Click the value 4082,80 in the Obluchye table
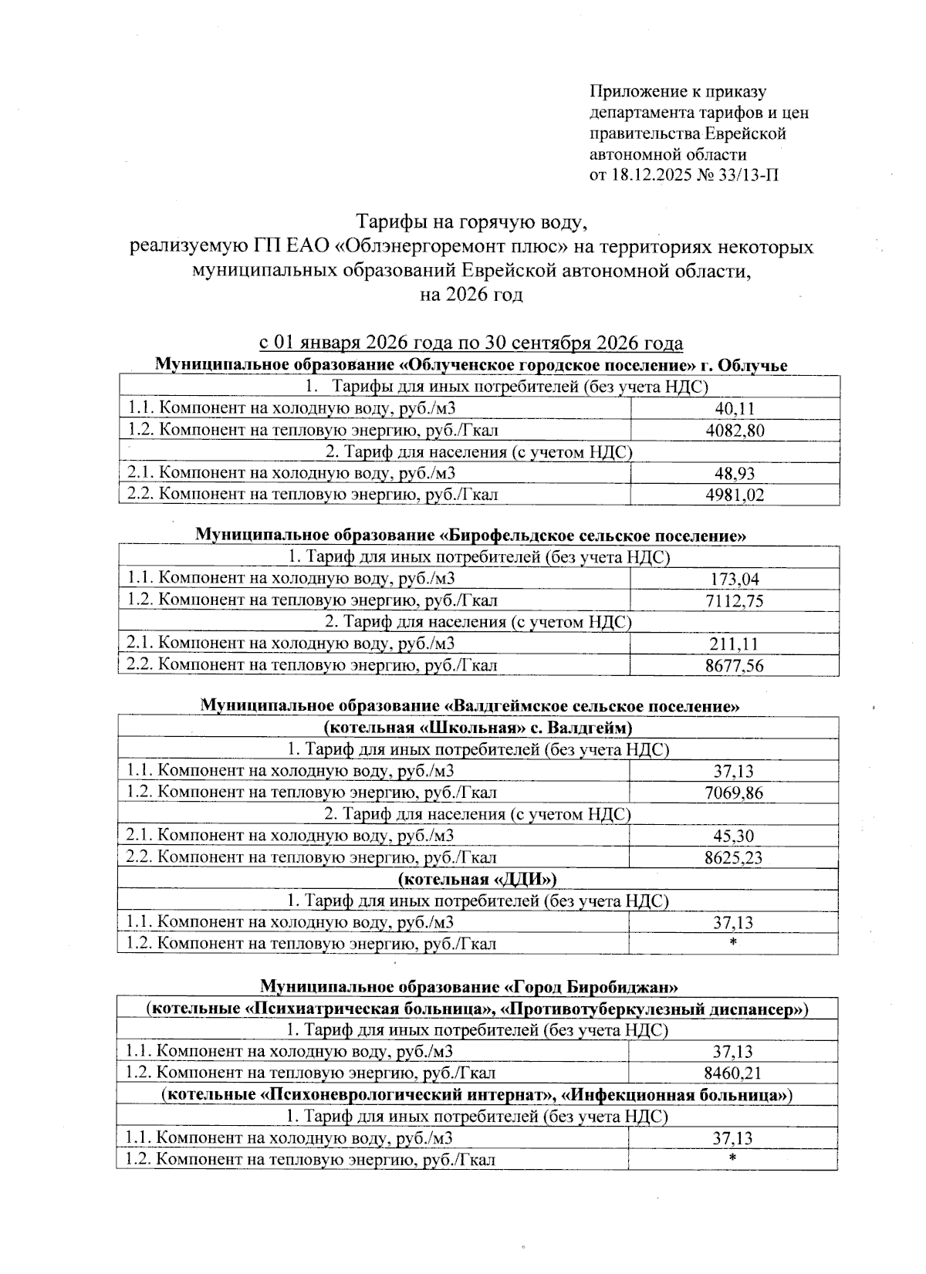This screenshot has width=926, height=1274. (735, 431)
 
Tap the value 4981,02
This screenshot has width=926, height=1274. (735, 495)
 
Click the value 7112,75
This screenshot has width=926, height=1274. (735, 600)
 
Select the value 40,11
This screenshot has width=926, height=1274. (735, 409)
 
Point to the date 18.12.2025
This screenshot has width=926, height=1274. (649, 175)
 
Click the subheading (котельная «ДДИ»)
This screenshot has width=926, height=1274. (477, 879)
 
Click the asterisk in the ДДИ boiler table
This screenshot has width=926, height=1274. (733, 943)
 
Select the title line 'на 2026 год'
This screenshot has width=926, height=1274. (471, 294)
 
